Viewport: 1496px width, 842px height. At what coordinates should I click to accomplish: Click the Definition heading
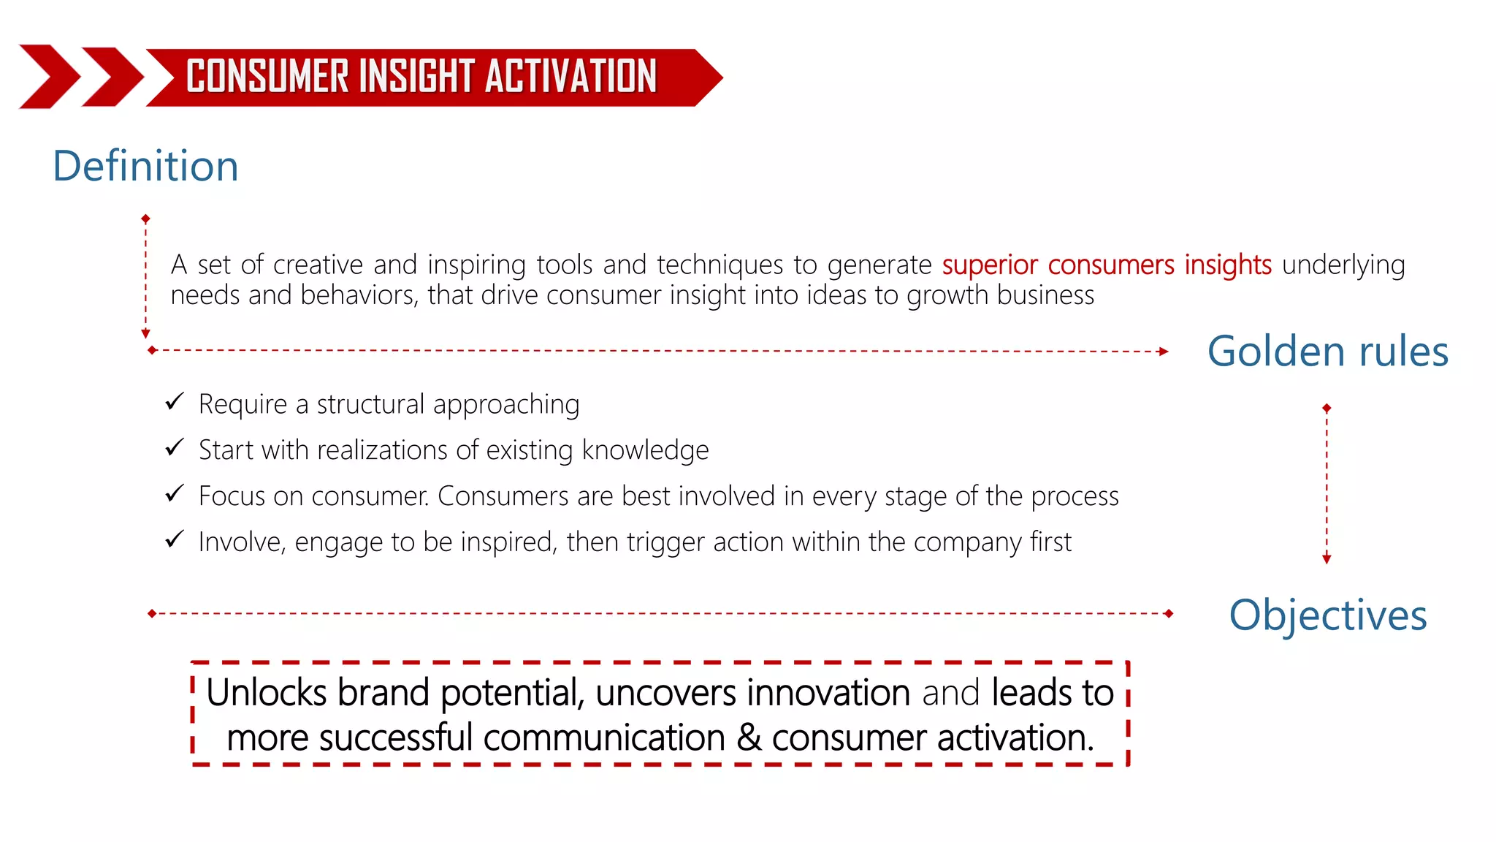click(x=145, y=166)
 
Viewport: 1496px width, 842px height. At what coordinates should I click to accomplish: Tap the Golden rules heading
click(x=1327, y=352)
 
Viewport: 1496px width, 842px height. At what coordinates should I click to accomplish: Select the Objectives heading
click(x=1327, y=615)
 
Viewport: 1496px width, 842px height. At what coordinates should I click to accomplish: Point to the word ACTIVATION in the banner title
click(x=570, y=77)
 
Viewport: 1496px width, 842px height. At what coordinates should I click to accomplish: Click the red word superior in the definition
click(x=990, y=265)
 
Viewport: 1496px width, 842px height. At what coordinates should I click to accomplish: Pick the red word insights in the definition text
click(x=1228, y=265)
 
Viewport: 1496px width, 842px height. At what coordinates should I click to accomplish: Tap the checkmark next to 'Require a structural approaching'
click(x=174, y=401)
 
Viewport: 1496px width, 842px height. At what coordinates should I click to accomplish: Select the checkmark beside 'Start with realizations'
click(x=174, y=447)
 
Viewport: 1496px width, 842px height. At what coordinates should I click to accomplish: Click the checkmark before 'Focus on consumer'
click(x=174, y=493)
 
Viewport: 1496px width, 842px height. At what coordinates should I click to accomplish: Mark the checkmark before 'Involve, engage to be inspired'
click(x=174, y=539)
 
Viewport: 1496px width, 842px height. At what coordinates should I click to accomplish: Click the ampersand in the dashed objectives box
click(x=749, y=737)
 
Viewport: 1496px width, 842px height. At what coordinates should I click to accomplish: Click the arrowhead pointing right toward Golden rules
click(x=1164, y=352)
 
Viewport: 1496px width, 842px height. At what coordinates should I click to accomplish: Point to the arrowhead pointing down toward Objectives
click(x=1327, y=559)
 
